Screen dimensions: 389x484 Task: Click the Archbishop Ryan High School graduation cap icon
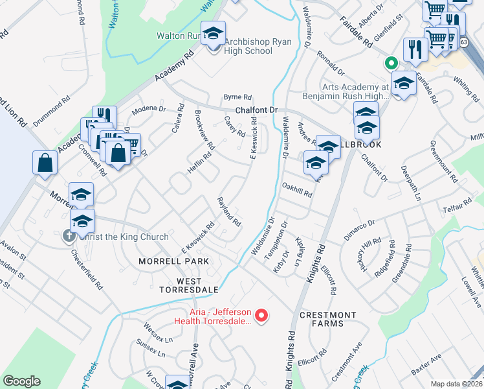coord(212,35)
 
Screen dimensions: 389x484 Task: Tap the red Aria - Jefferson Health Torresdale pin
coord(261,316)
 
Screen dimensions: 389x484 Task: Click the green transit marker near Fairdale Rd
coord(390,64)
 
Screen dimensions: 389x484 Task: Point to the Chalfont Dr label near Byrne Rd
coord(256,110)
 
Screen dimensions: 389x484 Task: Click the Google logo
coord(21,381)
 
